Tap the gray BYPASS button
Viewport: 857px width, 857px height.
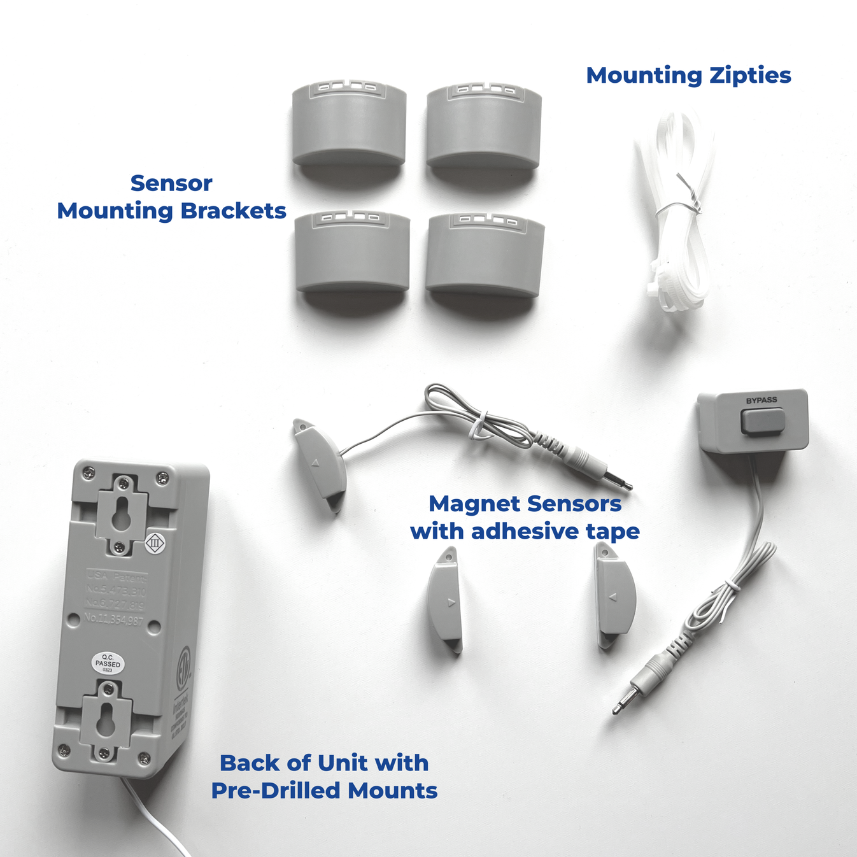pos(762,421)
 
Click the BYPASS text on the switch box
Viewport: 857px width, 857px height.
pos(761,400)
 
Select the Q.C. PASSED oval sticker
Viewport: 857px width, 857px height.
pos(108,663)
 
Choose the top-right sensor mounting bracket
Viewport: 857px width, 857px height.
pos(484,127)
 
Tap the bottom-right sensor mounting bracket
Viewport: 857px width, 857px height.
pos(485,256)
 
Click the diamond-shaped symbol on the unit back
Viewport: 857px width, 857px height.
pos(155,543)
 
